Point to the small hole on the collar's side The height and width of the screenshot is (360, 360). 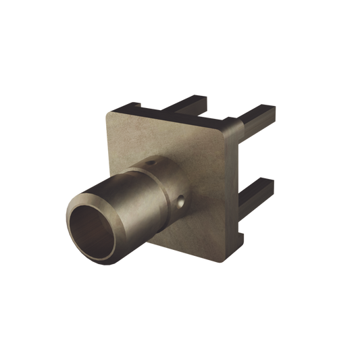tap(180, 201)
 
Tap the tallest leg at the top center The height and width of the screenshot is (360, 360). tap(192, 102)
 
